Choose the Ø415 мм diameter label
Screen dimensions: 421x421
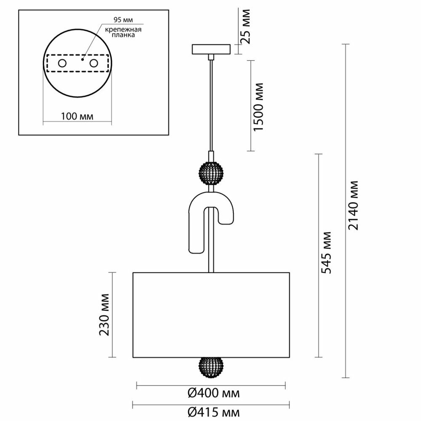pos(213,412)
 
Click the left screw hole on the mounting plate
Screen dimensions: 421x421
pos(62,64)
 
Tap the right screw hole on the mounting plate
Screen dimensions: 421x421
pos(93,64)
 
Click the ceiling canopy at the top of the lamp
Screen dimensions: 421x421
pos(211,49)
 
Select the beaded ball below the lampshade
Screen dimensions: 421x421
pos(211,367)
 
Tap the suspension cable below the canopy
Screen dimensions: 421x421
pos(211,105)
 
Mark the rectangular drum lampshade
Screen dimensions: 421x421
pos(211,315)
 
